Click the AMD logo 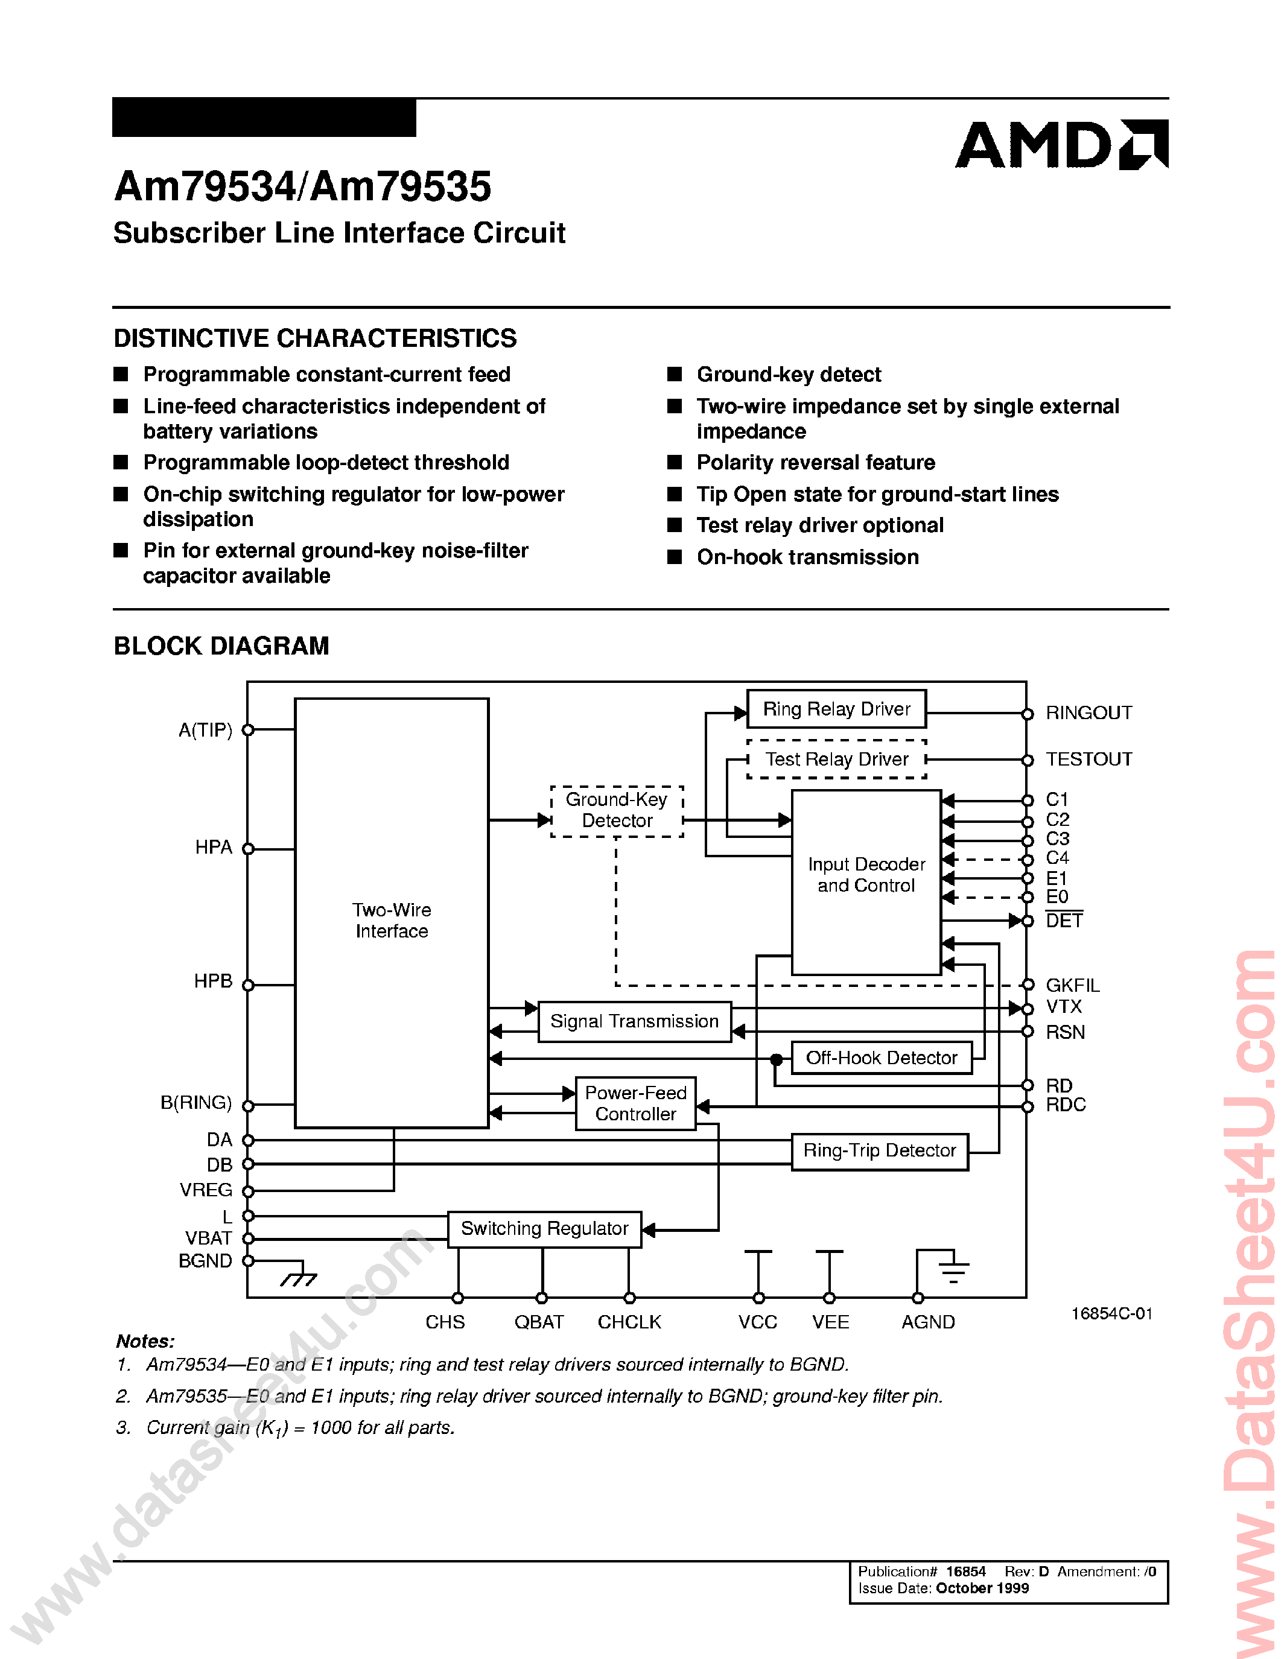[x=1061, y=144]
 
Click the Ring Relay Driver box [x=836, y=709]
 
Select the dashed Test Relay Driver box [x=836, y=759]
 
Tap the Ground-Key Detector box [x=616, y=811]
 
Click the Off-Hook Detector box [x=882, y=1058]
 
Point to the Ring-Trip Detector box [x=879, y=1151]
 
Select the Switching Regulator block [x=544, y=1228]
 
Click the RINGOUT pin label [x=1088, y=712]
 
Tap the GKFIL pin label [x=1072, y=985]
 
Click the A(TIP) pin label [x=205, y=730]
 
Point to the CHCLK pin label [x=629, y=1322]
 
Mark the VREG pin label [x=206, y=1190]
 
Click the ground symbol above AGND [x=953, y=1269]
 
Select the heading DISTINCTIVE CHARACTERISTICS [x=314, y=338]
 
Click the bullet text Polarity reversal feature [x=815, y=463]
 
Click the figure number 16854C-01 [x=1111, y=1313]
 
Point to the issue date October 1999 [x=982, y=1588]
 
